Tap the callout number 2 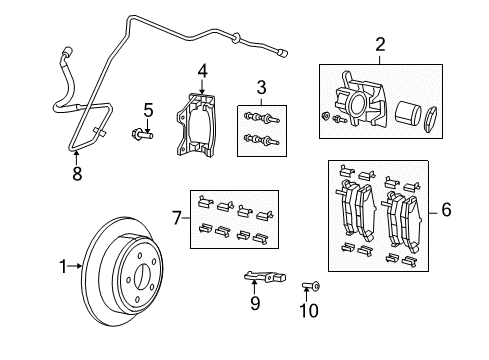click(x=379, y=44)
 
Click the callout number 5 click(x=147, y=109)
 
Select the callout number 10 click(x=310, y=311)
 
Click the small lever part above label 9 click(x=259, y=277)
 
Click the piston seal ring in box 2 click(x=435, y=117)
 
